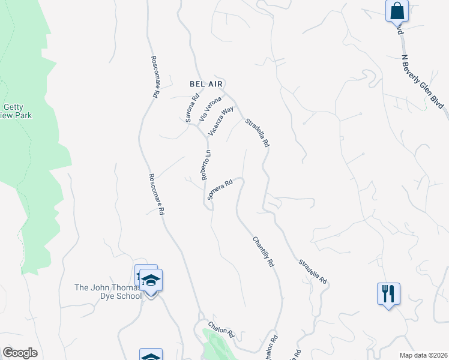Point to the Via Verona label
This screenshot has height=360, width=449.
pos(210,107)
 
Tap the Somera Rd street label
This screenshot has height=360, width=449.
pos(220,190)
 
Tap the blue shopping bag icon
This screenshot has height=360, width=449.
pos(397,11)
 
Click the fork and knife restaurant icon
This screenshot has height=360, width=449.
pos(388,293)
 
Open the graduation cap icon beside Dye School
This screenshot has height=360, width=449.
pos(151,280)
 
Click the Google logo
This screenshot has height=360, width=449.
pos(20,353)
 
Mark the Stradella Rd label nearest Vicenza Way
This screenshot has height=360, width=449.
pos(258,133)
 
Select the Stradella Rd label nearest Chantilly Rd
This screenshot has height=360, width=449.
pos(313,272)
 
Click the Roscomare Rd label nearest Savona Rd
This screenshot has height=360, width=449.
pos(154,77)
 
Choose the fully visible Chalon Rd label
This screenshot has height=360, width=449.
pos(221,330)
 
